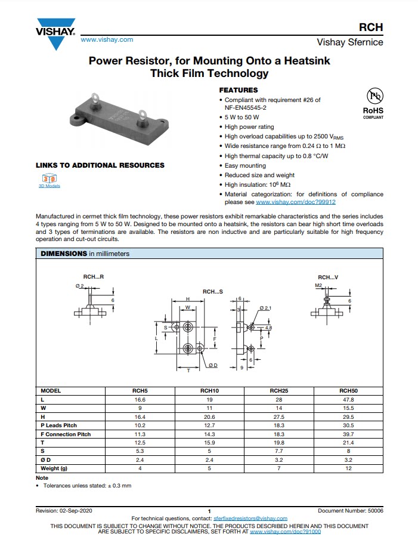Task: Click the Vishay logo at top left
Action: click(x=55, y=34)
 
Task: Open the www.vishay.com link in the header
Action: click(x=107, y=39)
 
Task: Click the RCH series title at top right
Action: click(x=370, y=27)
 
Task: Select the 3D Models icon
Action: click(x=49, y=179)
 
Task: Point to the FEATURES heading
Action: click(x=239, y=90)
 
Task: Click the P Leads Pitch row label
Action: click(x=59, y=425)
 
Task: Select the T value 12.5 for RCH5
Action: click(x=140, y=443)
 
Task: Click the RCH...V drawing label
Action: click(x=327, y=277)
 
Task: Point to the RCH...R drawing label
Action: click(x=93, y=277)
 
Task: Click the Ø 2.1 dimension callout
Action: click(x=265, y=307)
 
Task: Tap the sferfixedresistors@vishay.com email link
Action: click(x=250, y=519)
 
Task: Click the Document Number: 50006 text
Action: click(x=351, y=511)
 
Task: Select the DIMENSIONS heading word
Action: click(x=63, y=254)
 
